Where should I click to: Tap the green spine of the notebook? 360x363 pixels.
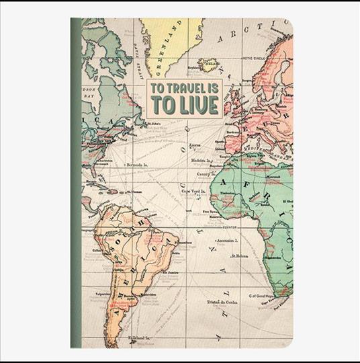[75, 182]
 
